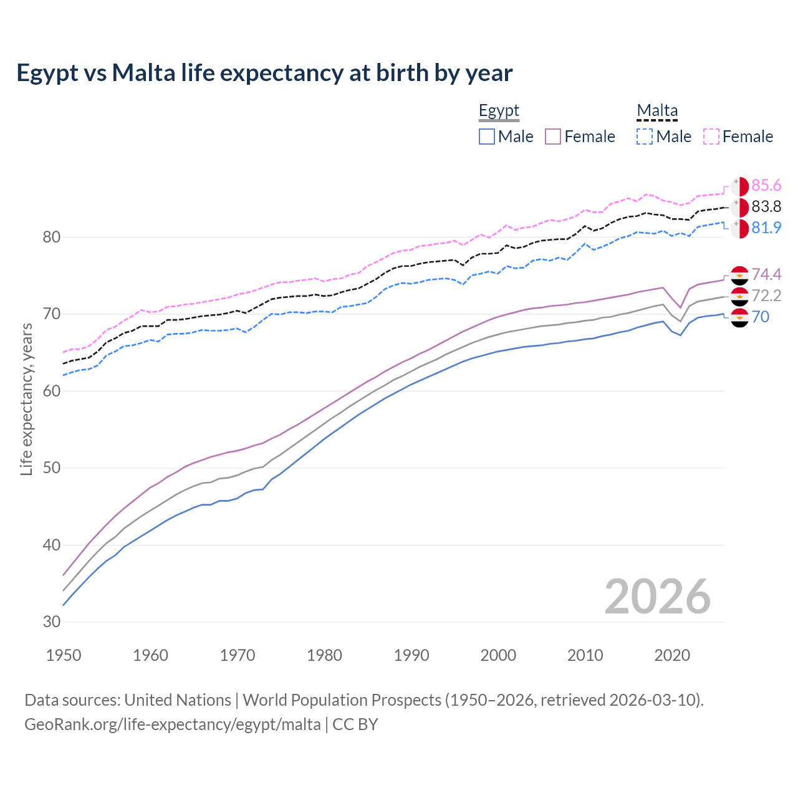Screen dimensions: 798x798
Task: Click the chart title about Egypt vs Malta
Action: (x=264, y=73)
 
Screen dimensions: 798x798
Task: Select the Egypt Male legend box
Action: (x=487, y=137)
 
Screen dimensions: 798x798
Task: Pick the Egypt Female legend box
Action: (x=554, y=137)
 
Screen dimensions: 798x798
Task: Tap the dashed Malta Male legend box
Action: (x=645, y=137)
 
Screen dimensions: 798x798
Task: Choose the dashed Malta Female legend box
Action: (x=711, y=137)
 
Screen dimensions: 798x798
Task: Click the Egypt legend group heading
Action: (x=499, y=111)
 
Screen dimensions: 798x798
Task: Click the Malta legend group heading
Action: (x=657, y=111)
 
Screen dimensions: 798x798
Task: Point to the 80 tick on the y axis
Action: (x=52, y=237)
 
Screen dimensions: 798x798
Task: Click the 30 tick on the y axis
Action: (x=52, y=622)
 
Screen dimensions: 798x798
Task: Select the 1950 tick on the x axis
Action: (x=64, y=655)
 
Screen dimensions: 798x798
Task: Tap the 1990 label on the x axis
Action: (x=411, y=655)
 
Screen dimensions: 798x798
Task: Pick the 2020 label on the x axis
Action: (x=672, y=655)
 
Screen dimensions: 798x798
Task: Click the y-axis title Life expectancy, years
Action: (x=26, y=399)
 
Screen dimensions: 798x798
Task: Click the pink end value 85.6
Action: (x=766, y=186)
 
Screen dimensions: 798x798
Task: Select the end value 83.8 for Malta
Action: (x=766, y=207)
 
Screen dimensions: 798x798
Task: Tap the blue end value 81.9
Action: (x=766, y=228)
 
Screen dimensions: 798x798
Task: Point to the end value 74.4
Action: (x=766, y=275)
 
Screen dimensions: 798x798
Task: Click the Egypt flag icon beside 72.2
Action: (x=739, y=296)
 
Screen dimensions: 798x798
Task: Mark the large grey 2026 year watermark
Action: (x=658, y=597)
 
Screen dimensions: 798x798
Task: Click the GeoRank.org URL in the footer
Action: (x=173, y=724)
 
